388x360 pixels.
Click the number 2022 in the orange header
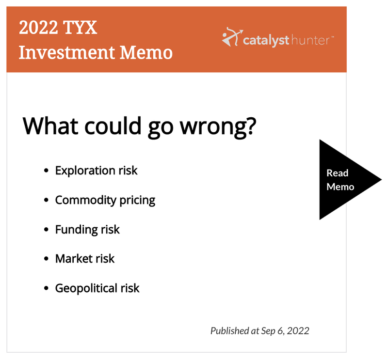click(38, 27)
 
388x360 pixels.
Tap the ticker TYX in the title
click(80, 27)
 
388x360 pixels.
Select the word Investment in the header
click(67, 52)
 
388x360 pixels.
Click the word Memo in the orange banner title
click(146, 52)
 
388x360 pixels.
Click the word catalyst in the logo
click(266, 40)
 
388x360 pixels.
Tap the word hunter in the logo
click(310, 40)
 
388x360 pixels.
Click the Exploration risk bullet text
click(96, 171)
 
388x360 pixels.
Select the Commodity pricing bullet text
click(105, 200)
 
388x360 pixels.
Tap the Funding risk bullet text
click(87, 230)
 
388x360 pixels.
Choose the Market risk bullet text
click(85, 259)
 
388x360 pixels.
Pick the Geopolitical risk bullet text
click(97, 288)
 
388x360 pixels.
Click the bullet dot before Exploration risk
click(46, 171)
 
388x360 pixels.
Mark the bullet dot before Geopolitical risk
click(46, 288)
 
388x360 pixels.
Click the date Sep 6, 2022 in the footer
click(285, 331)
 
